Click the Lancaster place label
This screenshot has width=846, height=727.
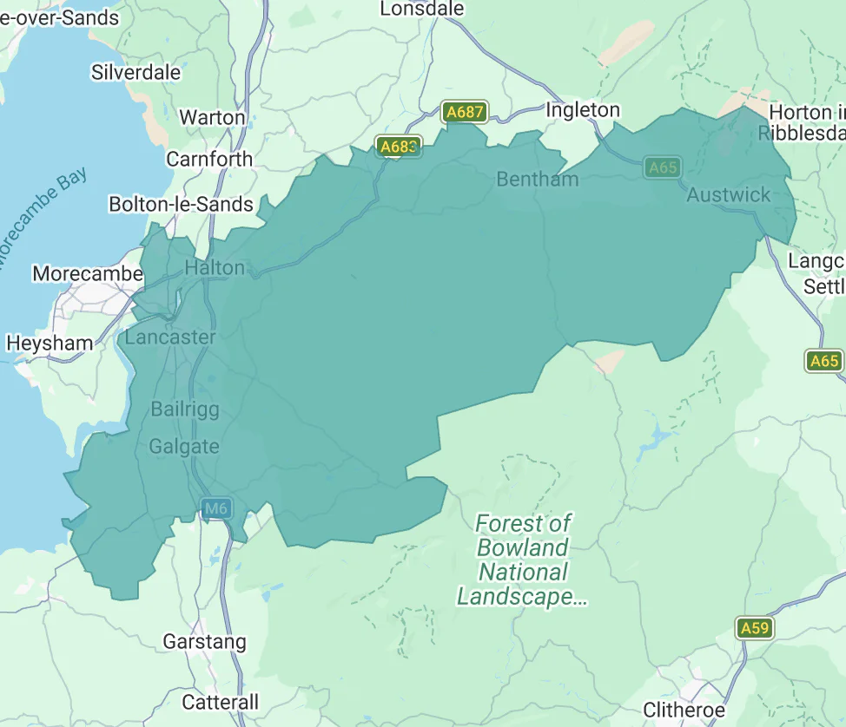tap(170, 337)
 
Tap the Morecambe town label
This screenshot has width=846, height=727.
tap(88, 274)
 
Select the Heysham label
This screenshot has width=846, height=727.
tap(50, 344)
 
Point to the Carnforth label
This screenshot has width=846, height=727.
tap(209, 160)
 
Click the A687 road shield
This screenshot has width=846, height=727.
tap(464, 112)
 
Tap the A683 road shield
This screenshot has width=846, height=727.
tap(399, 147)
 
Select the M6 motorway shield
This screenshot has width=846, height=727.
tap(216, 508)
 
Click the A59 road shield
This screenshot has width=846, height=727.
tap(754, 627)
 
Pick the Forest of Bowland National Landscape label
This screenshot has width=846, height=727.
tap(523, 560)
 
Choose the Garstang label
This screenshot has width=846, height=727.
tap(205, 643)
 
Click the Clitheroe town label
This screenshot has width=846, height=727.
tap(684, 711)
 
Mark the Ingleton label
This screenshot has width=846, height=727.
tap(583, 110)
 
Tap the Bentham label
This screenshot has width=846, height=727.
tap(537, 180)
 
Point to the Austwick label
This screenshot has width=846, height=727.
tap(728, 195)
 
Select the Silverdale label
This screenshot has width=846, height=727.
tap(136, 72)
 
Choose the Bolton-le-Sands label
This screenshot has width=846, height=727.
tap(181, 205)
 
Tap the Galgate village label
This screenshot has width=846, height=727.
tap(184, 447)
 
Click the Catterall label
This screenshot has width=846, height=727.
tap(221, 702)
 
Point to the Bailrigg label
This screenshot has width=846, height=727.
tap(185, 409)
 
